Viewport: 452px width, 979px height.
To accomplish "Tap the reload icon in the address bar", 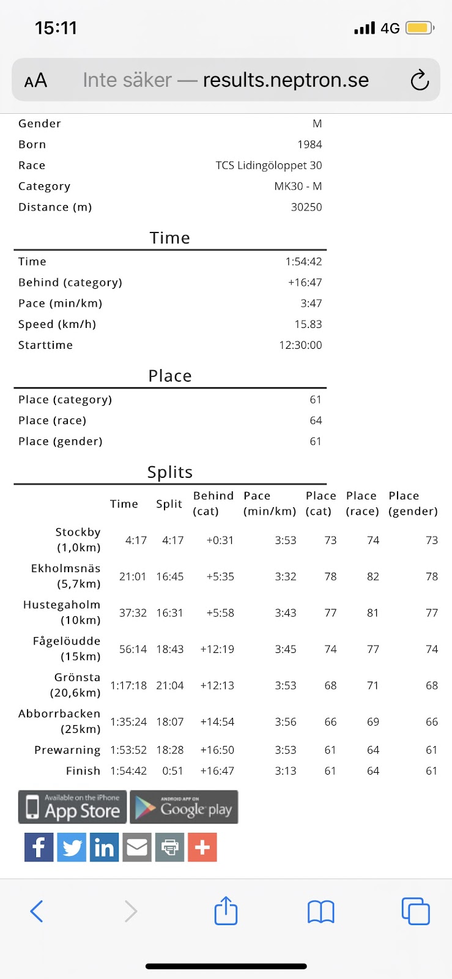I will coord(420,80).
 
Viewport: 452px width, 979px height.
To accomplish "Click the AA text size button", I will coord(35,80).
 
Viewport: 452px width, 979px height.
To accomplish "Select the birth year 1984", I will coord(309,144).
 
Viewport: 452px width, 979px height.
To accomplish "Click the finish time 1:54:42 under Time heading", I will coord(303,261).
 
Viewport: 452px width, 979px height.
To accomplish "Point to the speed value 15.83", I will coord(308,324).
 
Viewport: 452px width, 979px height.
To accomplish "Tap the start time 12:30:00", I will coord(300,345).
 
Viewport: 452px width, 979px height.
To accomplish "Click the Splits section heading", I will coord(170,472).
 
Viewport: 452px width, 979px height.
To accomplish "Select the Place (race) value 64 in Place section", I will coord(316,420).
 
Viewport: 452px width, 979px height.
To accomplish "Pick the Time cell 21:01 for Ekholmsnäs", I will coord(133,576).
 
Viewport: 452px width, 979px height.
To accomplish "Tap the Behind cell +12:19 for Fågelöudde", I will coord(217,649).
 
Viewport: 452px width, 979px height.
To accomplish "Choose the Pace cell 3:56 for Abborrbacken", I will coord(286,722).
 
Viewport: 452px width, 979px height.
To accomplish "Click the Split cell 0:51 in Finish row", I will coord(172,771).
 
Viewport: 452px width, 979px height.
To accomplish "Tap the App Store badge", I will coord(73,807).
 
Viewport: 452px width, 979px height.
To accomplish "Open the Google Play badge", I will coord(184,807).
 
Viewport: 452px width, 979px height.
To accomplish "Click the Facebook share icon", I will coord(39,847).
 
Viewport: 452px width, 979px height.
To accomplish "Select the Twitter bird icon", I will coord(72,847).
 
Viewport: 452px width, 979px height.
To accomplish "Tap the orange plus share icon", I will coord(202,847).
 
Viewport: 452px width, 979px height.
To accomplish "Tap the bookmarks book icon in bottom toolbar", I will coord(320,912).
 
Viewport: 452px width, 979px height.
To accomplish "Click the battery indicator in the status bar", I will coord(420,28).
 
